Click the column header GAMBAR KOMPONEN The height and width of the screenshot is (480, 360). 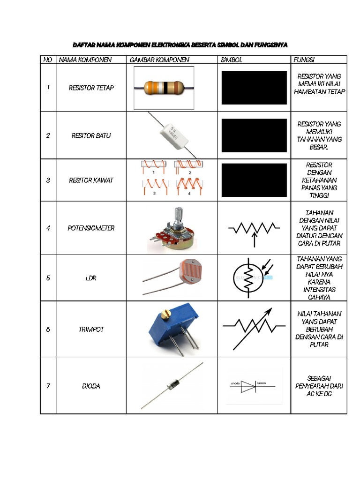pyautogui.click(x=159, y=60)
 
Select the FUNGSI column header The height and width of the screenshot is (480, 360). pyautogui.click(x=304, y=60)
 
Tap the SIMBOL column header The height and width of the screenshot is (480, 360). pyautogui.click(x=232, y=60)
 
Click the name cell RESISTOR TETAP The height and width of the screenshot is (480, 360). pyautogui.click(x=91, y=88)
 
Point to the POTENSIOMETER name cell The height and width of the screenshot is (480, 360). pyautogui.click(x=91, y=228)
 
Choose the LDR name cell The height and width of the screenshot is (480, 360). pyautogui.click(x=91, y=278)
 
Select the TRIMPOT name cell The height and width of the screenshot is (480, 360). pyautogui.click(x=91, y=330)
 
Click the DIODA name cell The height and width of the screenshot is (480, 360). pyautogui.click(x=91, y=386)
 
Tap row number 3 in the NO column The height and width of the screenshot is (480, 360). pyautogui.click(x=48, y=180)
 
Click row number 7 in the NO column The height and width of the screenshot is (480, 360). pyautogui.click(x=48, y=386)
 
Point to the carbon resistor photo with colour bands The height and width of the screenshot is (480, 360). pyautogui.click(x=162, y=87)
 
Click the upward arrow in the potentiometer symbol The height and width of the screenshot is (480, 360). pyautogui.click(x=254, y=239)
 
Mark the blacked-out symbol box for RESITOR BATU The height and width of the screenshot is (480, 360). pyautogui.click(x=254, y=135)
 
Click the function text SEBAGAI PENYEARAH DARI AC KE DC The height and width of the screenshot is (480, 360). pyautogui.click(x=319, y=386)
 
